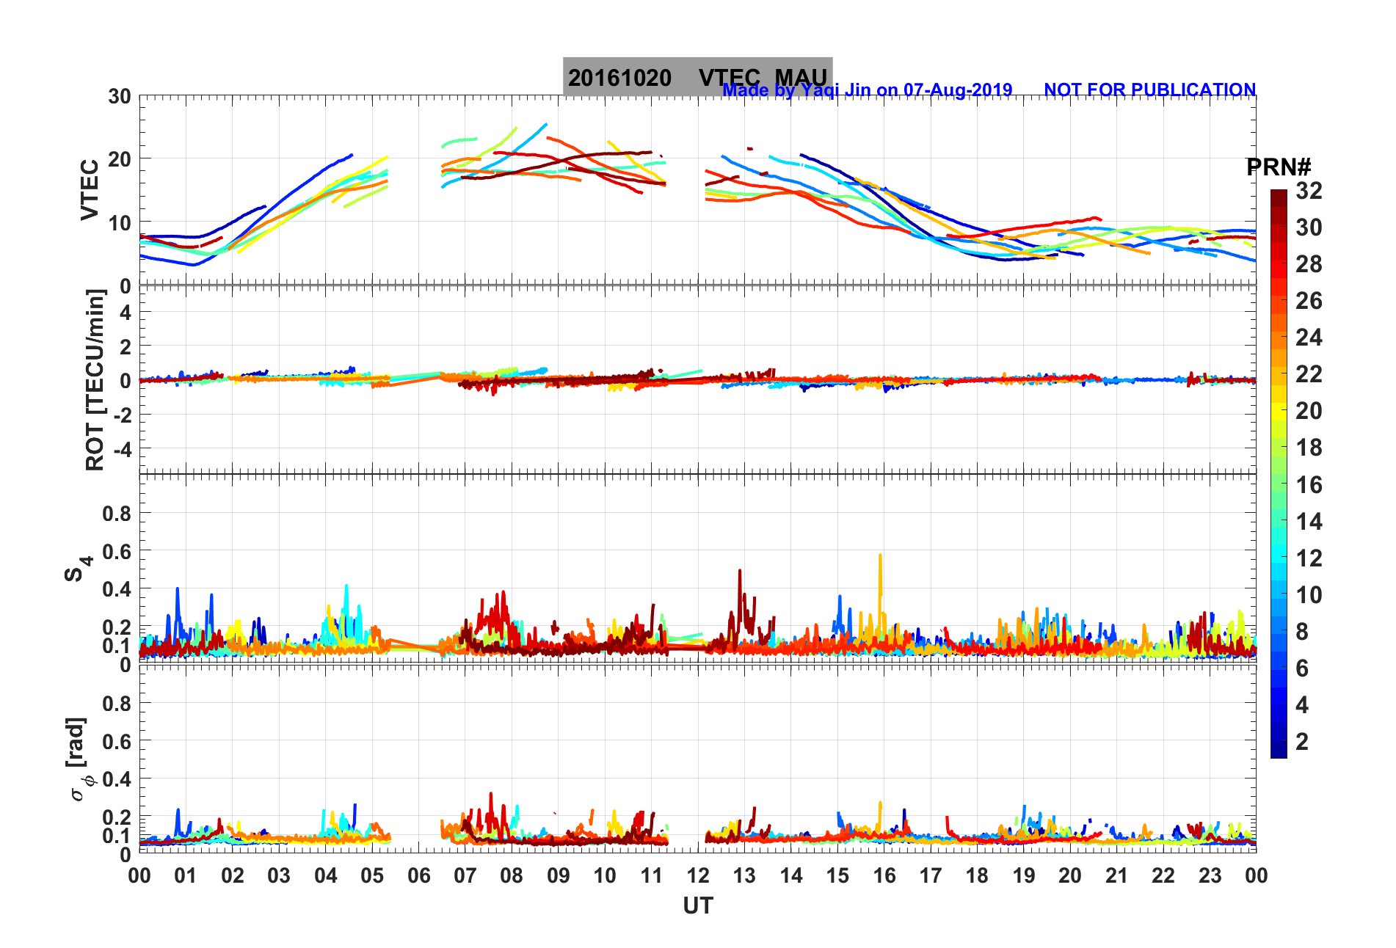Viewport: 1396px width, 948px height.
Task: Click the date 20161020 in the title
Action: (619, 78)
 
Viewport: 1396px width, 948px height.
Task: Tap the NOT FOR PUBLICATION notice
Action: (1149, 90)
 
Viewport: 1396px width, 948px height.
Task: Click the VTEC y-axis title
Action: (90, 189)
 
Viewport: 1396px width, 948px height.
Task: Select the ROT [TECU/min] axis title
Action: (95, 380)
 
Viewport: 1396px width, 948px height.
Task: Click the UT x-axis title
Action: (697, 906)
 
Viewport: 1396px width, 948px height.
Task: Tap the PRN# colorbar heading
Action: (1279, 167)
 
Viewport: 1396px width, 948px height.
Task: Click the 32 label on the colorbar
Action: (1309, 191)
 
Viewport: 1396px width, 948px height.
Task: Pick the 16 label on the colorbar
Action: (1309, 484)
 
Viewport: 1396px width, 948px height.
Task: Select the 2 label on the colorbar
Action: (1302, 741)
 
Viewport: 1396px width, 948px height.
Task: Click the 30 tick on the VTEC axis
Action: (119, 97)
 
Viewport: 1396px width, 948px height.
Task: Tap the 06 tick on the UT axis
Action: (418, 875)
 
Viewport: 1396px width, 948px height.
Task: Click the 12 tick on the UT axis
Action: (698, 875)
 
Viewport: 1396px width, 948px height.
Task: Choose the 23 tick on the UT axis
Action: (1210, 875)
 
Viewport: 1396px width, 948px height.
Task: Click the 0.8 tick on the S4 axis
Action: (117, 514)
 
